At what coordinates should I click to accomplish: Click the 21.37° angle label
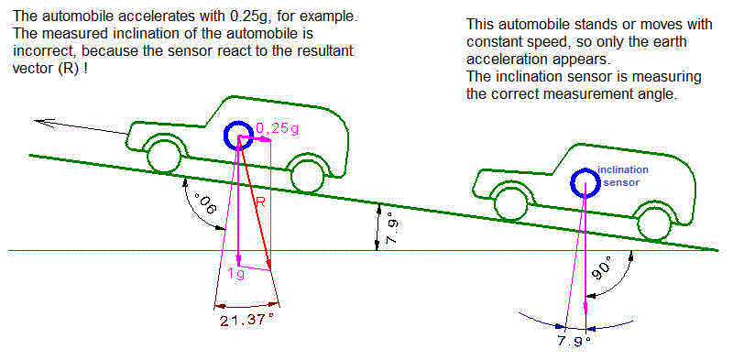pyautogui.click(x=246, y=321)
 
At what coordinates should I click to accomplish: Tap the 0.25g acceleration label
pyautogui.click(x=278, y=128)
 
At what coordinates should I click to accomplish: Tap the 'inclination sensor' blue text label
pyautogui.click(x=622, y=177)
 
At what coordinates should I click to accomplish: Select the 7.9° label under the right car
pyautogui.click(x=575, y=341)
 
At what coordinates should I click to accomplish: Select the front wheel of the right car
pyautogui.click(x=505, y=198)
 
